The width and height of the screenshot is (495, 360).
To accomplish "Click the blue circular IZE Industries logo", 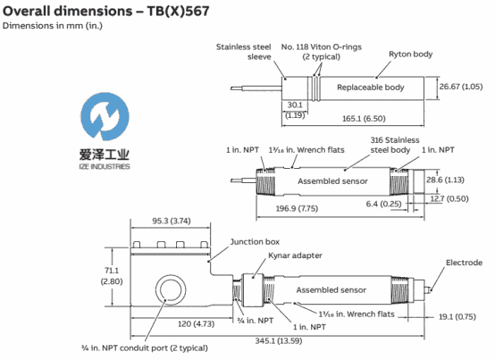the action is (x=105, y=116).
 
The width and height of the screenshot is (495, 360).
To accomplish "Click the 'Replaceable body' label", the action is (x=370, y=88).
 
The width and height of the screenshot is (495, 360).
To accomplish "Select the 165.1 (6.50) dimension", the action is (x=364, y=119).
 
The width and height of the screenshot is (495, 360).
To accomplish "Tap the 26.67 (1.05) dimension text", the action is (x=461, y=87).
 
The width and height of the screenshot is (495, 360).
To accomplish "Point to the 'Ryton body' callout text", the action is (x=410, y=54).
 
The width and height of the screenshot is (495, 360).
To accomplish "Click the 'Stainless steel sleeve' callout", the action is (x=243, y=52).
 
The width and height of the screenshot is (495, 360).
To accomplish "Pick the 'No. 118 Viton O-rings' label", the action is (x=322, y=47).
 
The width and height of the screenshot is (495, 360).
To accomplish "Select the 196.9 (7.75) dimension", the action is (x=297, y=208).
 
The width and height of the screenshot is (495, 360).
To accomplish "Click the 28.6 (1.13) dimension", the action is (x=445, y=180).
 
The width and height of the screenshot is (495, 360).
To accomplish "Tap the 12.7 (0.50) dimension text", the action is (x=449, y=199).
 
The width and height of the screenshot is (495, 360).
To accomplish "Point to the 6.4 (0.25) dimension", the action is (x=383, y=204).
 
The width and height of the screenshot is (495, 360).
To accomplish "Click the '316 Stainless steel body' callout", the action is (x=395, y=145).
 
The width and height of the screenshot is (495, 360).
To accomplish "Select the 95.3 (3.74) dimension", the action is (x=172, y=221).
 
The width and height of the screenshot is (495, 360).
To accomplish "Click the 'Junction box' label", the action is (x=255, y=242).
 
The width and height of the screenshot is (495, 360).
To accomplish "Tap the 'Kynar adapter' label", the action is (x=295, y=255).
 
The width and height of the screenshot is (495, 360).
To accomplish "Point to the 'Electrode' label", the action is (x=464, y=263).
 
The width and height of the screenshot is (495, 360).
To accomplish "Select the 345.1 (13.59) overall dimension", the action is (x=279, y=340).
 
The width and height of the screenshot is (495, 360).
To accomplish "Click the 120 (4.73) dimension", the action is (x=196, y=324).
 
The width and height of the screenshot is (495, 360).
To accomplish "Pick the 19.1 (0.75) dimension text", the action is (x=457, y=317).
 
